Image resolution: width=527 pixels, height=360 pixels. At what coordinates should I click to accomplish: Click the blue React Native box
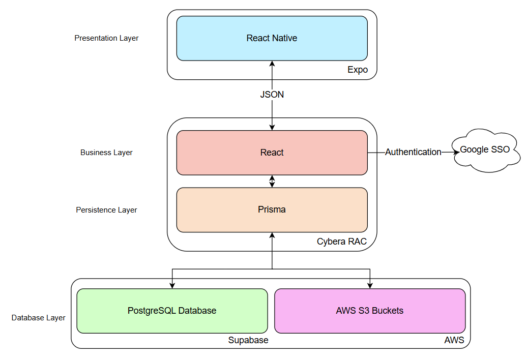coord(272,38)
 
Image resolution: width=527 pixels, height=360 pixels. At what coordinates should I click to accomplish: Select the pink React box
coord(272,153)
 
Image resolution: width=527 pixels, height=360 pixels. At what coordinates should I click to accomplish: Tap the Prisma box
coord(272,209)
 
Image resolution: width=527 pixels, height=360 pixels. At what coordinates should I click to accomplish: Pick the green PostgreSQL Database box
coord(172,311)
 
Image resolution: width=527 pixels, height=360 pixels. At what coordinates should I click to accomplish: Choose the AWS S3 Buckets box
coord(369,311)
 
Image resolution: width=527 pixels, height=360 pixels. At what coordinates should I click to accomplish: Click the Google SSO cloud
coord(484,151)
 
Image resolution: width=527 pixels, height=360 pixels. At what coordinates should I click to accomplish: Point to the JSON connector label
coord(272,95)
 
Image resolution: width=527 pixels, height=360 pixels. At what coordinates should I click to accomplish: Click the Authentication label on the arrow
coord(413,152)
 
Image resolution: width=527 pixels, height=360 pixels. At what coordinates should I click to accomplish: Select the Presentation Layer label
coord(106,38)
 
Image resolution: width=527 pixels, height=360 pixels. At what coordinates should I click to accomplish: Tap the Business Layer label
coord(106,153)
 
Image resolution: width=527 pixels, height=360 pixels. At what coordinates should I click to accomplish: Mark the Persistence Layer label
coord(106,210)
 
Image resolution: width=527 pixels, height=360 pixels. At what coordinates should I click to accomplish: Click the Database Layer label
coord(39,318)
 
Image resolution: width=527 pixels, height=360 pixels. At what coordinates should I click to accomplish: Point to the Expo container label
coord(357,70)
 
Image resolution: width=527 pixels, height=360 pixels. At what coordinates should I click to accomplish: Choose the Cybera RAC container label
coord(341,242)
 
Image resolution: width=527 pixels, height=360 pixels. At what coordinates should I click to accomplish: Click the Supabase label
coord(248,340)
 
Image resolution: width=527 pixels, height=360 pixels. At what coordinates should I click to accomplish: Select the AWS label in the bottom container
coord(454,340)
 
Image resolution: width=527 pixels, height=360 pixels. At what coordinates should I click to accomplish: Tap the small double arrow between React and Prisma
coord(272,181)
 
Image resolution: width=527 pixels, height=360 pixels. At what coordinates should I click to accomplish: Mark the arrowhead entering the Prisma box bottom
coord(272,235)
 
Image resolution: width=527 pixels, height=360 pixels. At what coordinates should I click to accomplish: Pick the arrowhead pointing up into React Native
coord(272,64)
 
